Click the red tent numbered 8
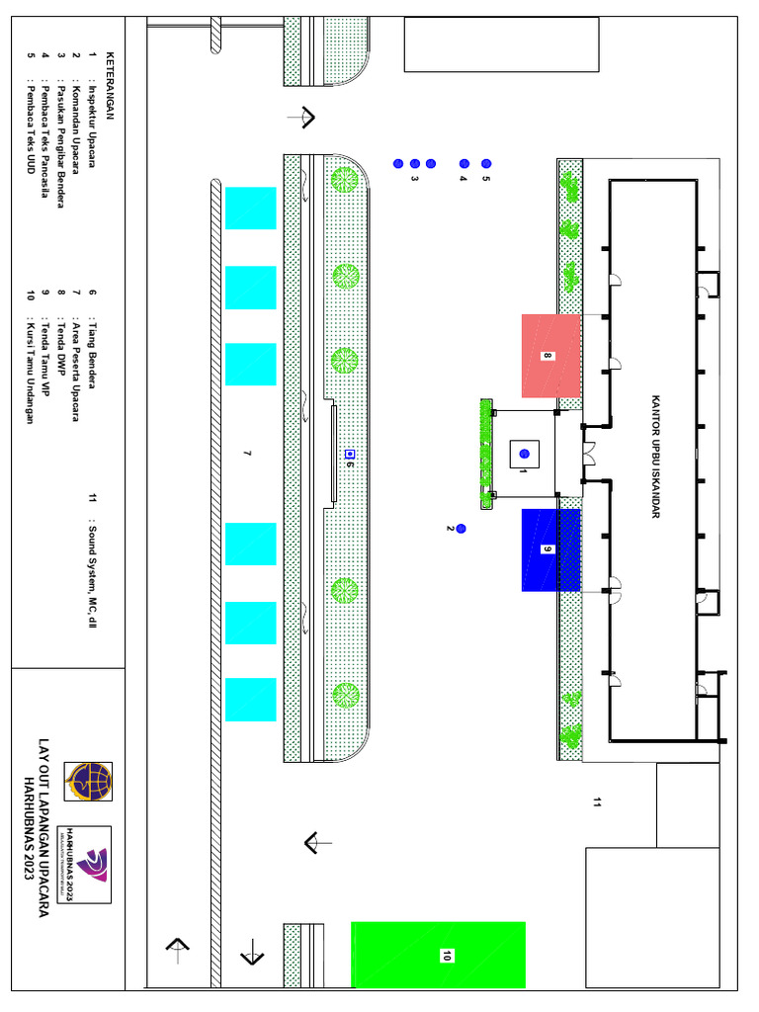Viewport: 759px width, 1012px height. [x=550, y=355]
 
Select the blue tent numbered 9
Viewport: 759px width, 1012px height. [x=550, y=549]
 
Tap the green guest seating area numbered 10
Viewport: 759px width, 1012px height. [x=438, y=955]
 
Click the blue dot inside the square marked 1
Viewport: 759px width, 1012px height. [x=524, y=454]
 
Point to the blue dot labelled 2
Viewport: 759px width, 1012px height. [x=461, y=530]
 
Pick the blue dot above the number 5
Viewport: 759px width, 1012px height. [x=485, y=163]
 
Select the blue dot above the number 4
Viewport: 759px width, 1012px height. [x=464, y=163]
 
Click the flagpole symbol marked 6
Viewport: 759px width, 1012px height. [x=349, y=454]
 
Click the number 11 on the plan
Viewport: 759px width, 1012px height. [x=596, y=802]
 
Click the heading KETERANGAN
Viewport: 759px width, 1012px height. [x=110, y=87]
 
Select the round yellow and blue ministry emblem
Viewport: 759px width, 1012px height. [x=88, y=782]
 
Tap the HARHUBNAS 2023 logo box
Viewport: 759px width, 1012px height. [x=88, y=864]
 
